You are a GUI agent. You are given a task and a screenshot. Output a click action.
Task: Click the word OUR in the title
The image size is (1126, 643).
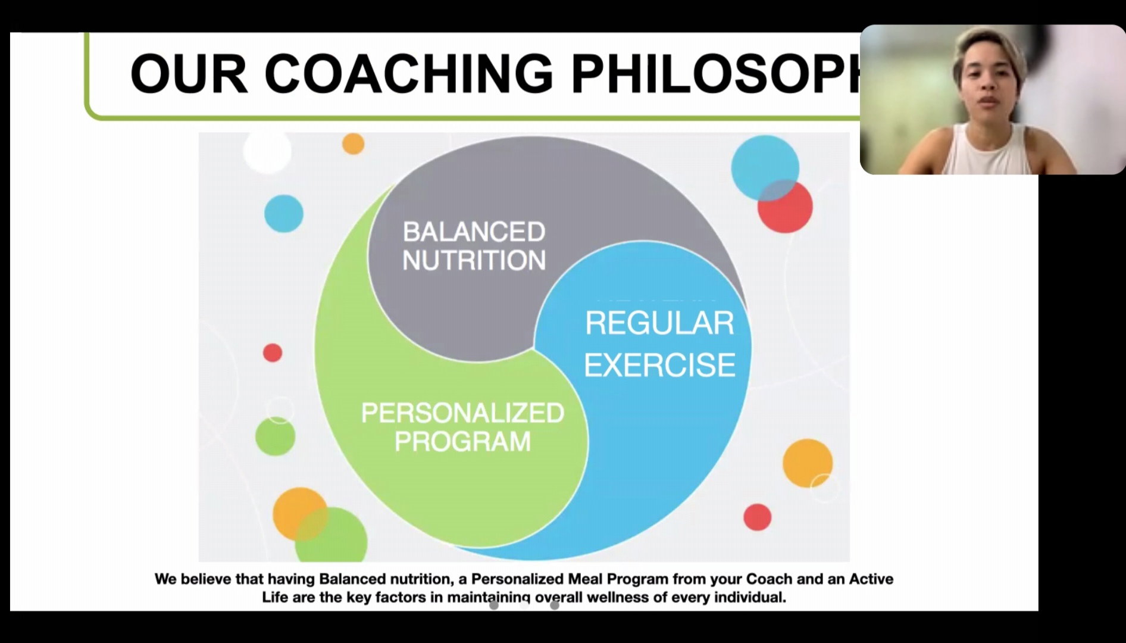189,74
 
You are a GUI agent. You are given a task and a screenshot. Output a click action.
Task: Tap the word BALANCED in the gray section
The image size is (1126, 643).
474,232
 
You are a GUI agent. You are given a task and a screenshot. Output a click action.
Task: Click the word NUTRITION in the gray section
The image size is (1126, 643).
474,260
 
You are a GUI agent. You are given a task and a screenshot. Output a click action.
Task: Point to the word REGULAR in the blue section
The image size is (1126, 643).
659,323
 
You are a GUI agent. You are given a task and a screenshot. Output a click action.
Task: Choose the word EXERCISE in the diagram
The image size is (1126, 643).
659,365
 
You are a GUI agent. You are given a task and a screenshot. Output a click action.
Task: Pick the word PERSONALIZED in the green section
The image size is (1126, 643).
462,413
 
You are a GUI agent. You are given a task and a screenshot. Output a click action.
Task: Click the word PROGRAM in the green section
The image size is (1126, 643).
462,441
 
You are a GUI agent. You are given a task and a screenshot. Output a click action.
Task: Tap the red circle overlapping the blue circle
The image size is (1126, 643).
786,207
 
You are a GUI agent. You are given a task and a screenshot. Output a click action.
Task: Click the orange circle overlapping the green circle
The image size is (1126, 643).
299,513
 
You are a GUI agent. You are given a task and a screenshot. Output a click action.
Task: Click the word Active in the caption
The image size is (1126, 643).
871,579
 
